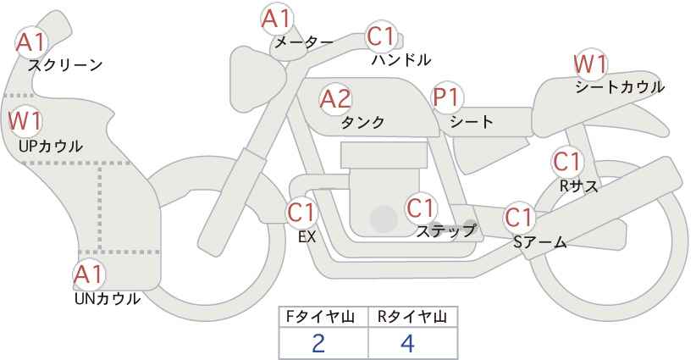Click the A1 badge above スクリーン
[x=31, y=42]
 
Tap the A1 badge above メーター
[x=277, y=19]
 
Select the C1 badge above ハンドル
[x=381, y=36]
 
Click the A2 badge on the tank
[x=335, y=99]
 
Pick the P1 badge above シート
[x=447, y=97]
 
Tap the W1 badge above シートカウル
[x=590, y=64]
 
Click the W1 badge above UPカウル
[x=25, y=121]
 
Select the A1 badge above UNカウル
[x=90, y=274]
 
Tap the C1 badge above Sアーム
[x=519, y=218]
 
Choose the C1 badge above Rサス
[x=567, y=162]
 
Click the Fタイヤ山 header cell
[x=323, y=317]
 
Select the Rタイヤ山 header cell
[x=413, y=317]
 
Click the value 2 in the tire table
[x=318, y=343]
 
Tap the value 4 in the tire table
[x=407, y=343]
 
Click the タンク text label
[x=362, y=122]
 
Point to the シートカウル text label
[x=620, y=87]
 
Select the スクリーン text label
[x=65, y=65]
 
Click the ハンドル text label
[x=401, y=59]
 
